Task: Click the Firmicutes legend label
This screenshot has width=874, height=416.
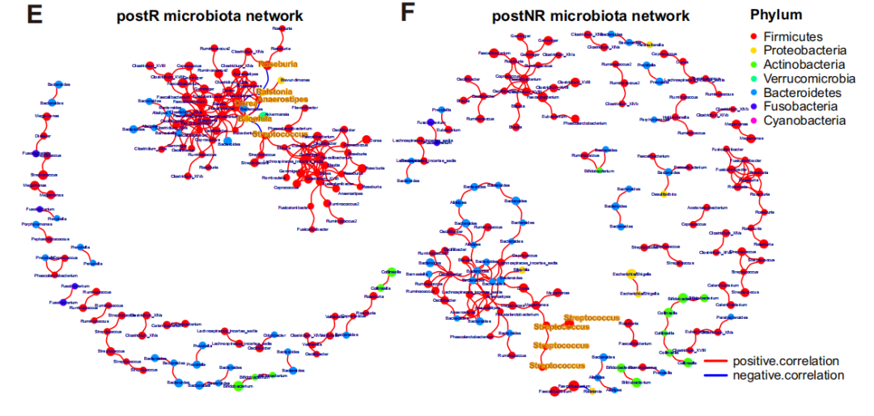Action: click(792, 36)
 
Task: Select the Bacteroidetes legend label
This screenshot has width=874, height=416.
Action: click(802, 92)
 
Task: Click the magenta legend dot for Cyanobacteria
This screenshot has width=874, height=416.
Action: click(753, 121)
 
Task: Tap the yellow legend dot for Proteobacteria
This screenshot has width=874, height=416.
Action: click(753, 51)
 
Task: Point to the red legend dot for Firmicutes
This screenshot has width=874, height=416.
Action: click(753, 36)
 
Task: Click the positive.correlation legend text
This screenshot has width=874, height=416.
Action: click(785, 361)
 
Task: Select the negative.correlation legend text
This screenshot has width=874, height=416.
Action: click(787, 375)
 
